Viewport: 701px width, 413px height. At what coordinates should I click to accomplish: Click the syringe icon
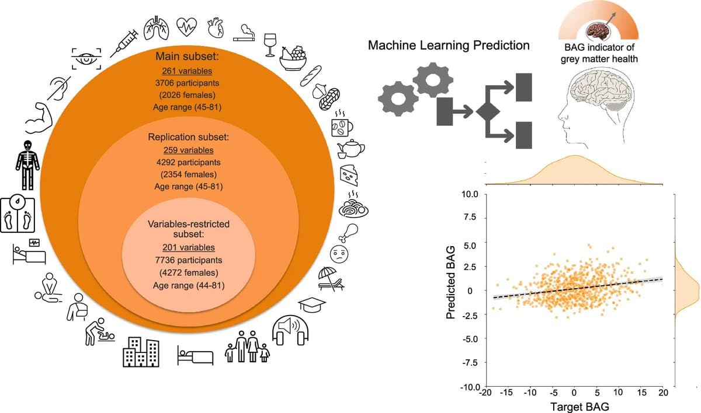124,43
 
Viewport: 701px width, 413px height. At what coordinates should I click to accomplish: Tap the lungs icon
157,29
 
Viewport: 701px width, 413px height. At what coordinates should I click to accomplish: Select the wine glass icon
270,45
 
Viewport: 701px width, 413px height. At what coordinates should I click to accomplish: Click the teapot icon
350,149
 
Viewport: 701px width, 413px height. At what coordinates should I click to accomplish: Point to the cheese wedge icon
349,175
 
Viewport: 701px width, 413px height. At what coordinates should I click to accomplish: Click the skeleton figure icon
27,165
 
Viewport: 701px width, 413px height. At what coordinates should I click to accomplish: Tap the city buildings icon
141,352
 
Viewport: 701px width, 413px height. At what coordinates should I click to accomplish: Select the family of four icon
247,346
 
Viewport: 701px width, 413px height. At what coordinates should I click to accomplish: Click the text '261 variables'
187,71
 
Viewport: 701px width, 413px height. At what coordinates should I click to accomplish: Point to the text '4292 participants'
188,162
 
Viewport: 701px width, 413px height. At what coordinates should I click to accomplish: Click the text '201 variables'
188,247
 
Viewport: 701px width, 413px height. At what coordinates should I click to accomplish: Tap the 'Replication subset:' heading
188,137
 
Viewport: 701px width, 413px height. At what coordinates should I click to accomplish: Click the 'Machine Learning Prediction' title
449,45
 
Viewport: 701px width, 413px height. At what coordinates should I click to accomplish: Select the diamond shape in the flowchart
488,111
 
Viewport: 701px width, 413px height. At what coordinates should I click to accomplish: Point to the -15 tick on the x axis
506,393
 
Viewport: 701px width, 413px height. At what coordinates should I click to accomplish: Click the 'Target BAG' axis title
579,407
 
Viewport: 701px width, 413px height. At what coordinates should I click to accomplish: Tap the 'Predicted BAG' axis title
450,282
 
